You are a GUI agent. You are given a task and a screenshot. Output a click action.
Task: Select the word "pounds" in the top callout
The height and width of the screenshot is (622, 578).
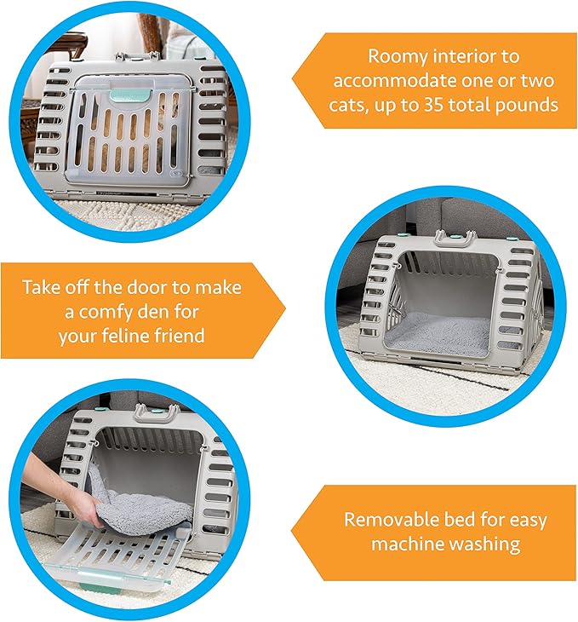pyautogui.click(x=529, y=106)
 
